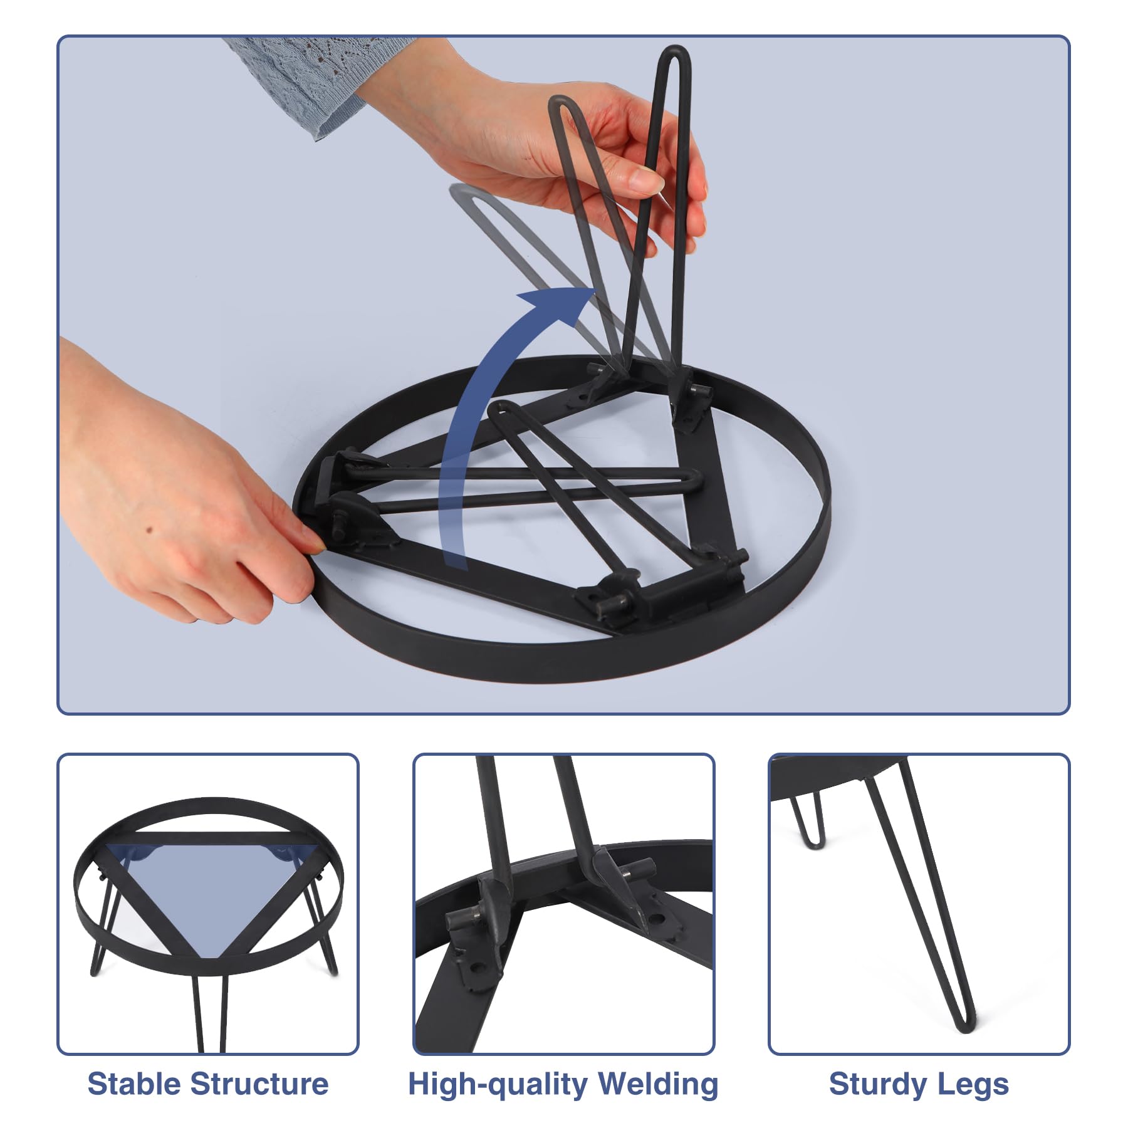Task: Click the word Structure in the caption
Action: tap(259, 1084)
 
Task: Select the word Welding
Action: tap(658, 1084)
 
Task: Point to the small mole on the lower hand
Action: tap(150, 530)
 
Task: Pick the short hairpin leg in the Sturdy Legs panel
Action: tap(810, 821)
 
